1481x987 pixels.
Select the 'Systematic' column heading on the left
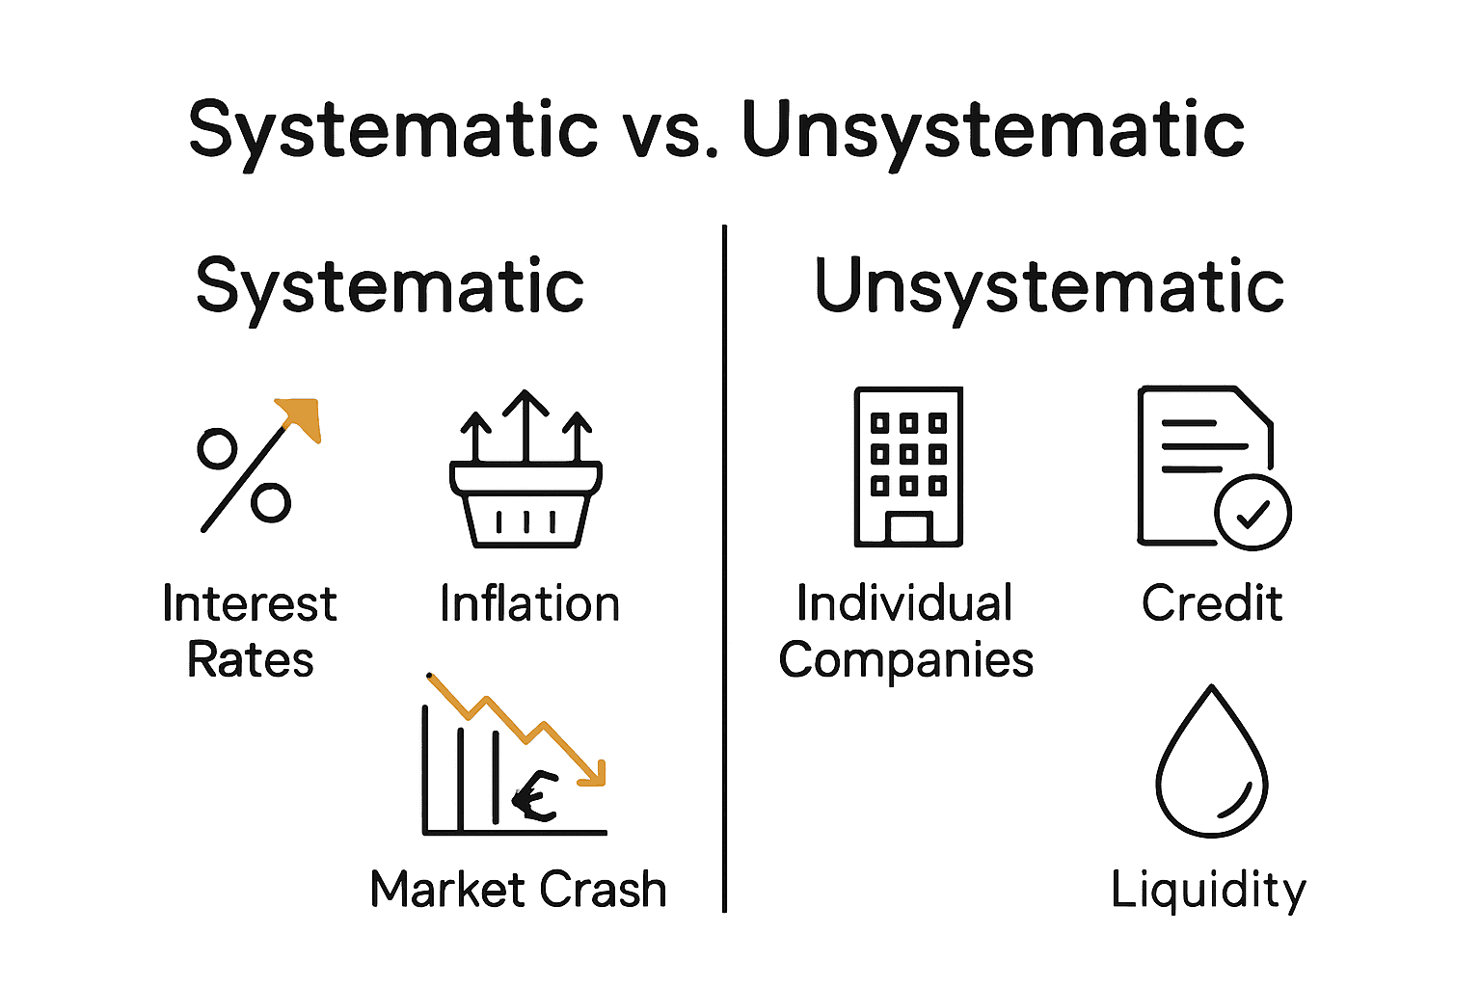[x=390, y=286]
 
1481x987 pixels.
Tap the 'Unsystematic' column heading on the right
[x=1049, y=286]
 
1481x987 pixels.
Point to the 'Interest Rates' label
[x=250, y=631]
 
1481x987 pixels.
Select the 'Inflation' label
[x=529, y=604]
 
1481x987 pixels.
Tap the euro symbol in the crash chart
[x=536, y=796]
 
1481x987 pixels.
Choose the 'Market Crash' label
[x=518, y=889]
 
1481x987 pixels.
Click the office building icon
[x=908, y=467]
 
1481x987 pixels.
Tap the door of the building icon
[x=908, y=529]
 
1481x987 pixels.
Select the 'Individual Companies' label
[x=905, y=631]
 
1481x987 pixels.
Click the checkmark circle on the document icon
[x=1252, y=512]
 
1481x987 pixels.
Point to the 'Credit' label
[x=1212, y=604]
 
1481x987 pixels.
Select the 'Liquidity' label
[x=1208, y=889]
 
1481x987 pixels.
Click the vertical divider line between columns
[x=724, y=569]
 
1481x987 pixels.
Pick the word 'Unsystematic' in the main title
[x=993, y=130]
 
